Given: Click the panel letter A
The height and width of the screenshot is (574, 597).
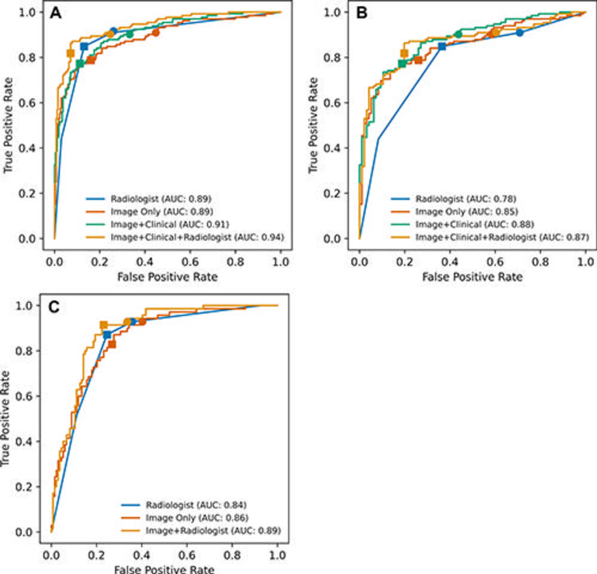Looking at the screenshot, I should pos(57,13).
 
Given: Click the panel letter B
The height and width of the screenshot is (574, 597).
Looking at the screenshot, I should pos(361,13).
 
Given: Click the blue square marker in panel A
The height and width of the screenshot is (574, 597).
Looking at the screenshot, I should pos(84,47).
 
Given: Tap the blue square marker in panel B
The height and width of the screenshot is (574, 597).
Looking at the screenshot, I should pos(442,47).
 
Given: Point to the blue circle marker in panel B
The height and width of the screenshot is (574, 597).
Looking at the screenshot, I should pos(519,33).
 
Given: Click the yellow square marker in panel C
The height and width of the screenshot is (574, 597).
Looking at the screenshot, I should pos(103,325).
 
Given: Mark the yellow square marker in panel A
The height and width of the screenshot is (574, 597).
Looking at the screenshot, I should pos(70,53).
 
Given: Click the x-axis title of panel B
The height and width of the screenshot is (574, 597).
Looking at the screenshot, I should pos(472,277).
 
